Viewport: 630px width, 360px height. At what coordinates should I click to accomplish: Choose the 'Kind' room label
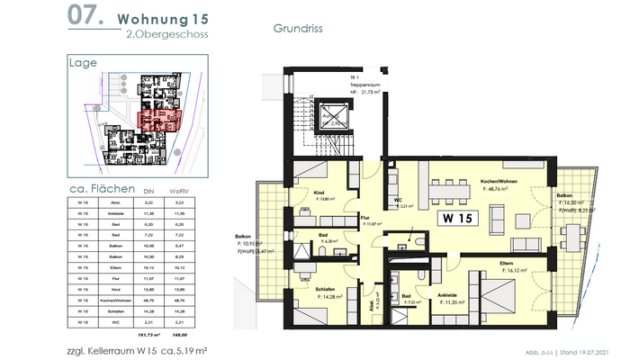319,193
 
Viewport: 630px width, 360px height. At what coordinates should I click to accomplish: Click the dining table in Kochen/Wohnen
447,192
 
